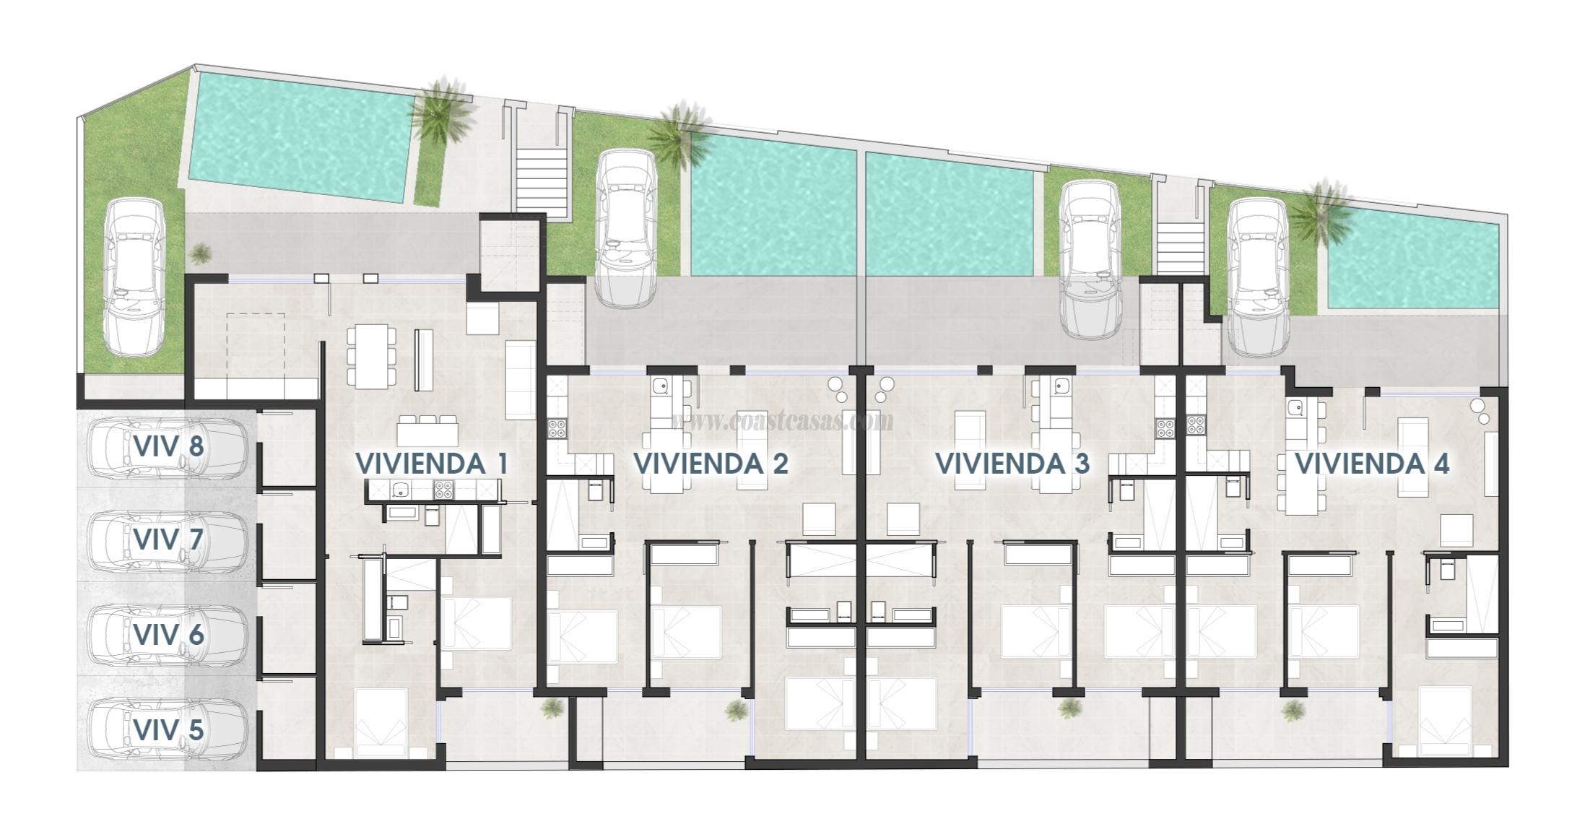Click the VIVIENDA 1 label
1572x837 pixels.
pyautogui.click(x=432, y=464)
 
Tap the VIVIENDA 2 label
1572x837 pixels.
pyautogui.click(x=711, y=464)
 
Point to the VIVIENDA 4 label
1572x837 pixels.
pyautogui.click(x=1372, y=464)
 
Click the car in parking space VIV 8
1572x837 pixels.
pyautogui.click(x=168, y=447)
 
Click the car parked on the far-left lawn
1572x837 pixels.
pyautogui.click(x=134, y=277)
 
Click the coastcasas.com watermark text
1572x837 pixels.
pyautogui.click(x=783, y=420)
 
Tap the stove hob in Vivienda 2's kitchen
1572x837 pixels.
pyautogui.click(x=557, y=428)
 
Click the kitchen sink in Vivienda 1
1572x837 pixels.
pyautogui.click(x=400, y=491)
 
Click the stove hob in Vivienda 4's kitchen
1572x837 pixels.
pyautogui.click(x=1195, y=425)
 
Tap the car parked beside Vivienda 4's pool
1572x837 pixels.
pyautogui.click(x=1259, y=277)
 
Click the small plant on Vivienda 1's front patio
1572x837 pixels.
pyautogui.click(x=552, y=708)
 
